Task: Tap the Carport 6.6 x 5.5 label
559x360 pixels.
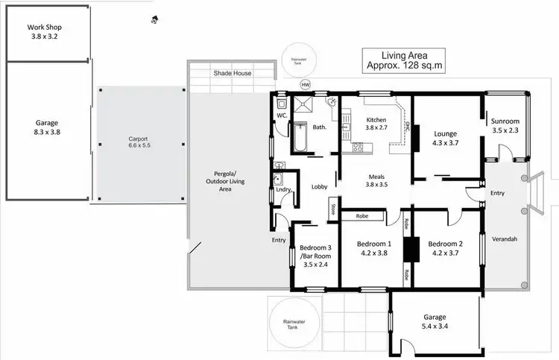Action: (x=138, y=142)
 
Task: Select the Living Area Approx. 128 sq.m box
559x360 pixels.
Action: (x=403, y=60)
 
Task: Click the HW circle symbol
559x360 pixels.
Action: (x=305, y=84)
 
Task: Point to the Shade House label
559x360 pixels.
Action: (x=232, y=73)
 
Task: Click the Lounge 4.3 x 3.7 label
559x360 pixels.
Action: (x=446, y=139)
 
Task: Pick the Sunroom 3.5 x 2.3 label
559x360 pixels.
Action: (x=505, y=125)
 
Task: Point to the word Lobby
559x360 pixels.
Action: (x=320, y=186)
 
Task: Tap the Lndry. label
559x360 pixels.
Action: (x=283, y=190)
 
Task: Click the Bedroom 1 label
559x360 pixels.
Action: (x=373, y=248)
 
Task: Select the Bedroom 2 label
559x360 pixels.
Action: (x=446, y=248)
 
